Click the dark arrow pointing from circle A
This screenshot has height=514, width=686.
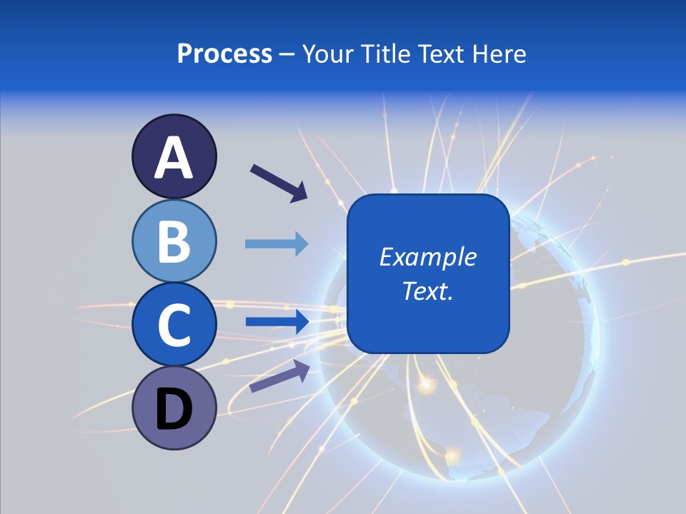279,183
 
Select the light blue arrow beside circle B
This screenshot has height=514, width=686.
277,244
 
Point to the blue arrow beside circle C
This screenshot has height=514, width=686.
277,321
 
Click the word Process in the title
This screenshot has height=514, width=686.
224,54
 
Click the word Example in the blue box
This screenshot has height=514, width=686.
427,257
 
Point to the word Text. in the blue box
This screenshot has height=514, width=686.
427,291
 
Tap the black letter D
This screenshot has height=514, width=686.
174,410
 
